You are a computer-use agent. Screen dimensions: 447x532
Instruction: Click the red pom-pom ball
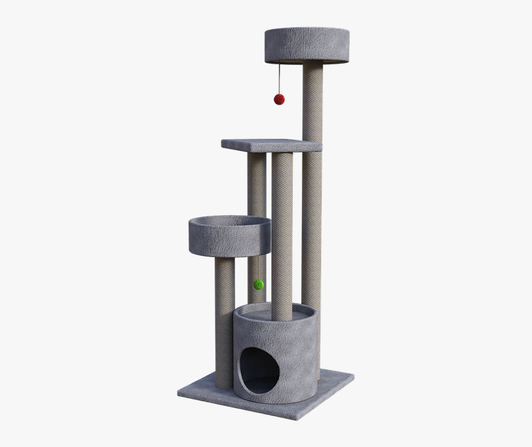(279, 99)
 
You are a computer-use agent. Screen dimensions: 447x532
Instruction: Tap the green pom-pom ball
(259, 284)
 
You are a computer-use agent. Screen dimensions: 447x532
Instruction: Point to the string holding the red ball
(279, 77)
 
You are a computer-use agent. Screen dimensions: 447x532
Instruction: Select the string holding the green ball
(257, 266)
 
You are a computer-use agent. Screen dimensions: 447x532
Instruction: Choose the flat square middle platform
(272, 146)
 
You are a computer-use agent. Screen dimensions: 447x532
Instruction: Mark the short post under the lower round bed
(225, 321)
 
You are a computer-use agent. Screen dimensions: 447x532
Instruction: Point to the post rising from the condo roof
(282, 235)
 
